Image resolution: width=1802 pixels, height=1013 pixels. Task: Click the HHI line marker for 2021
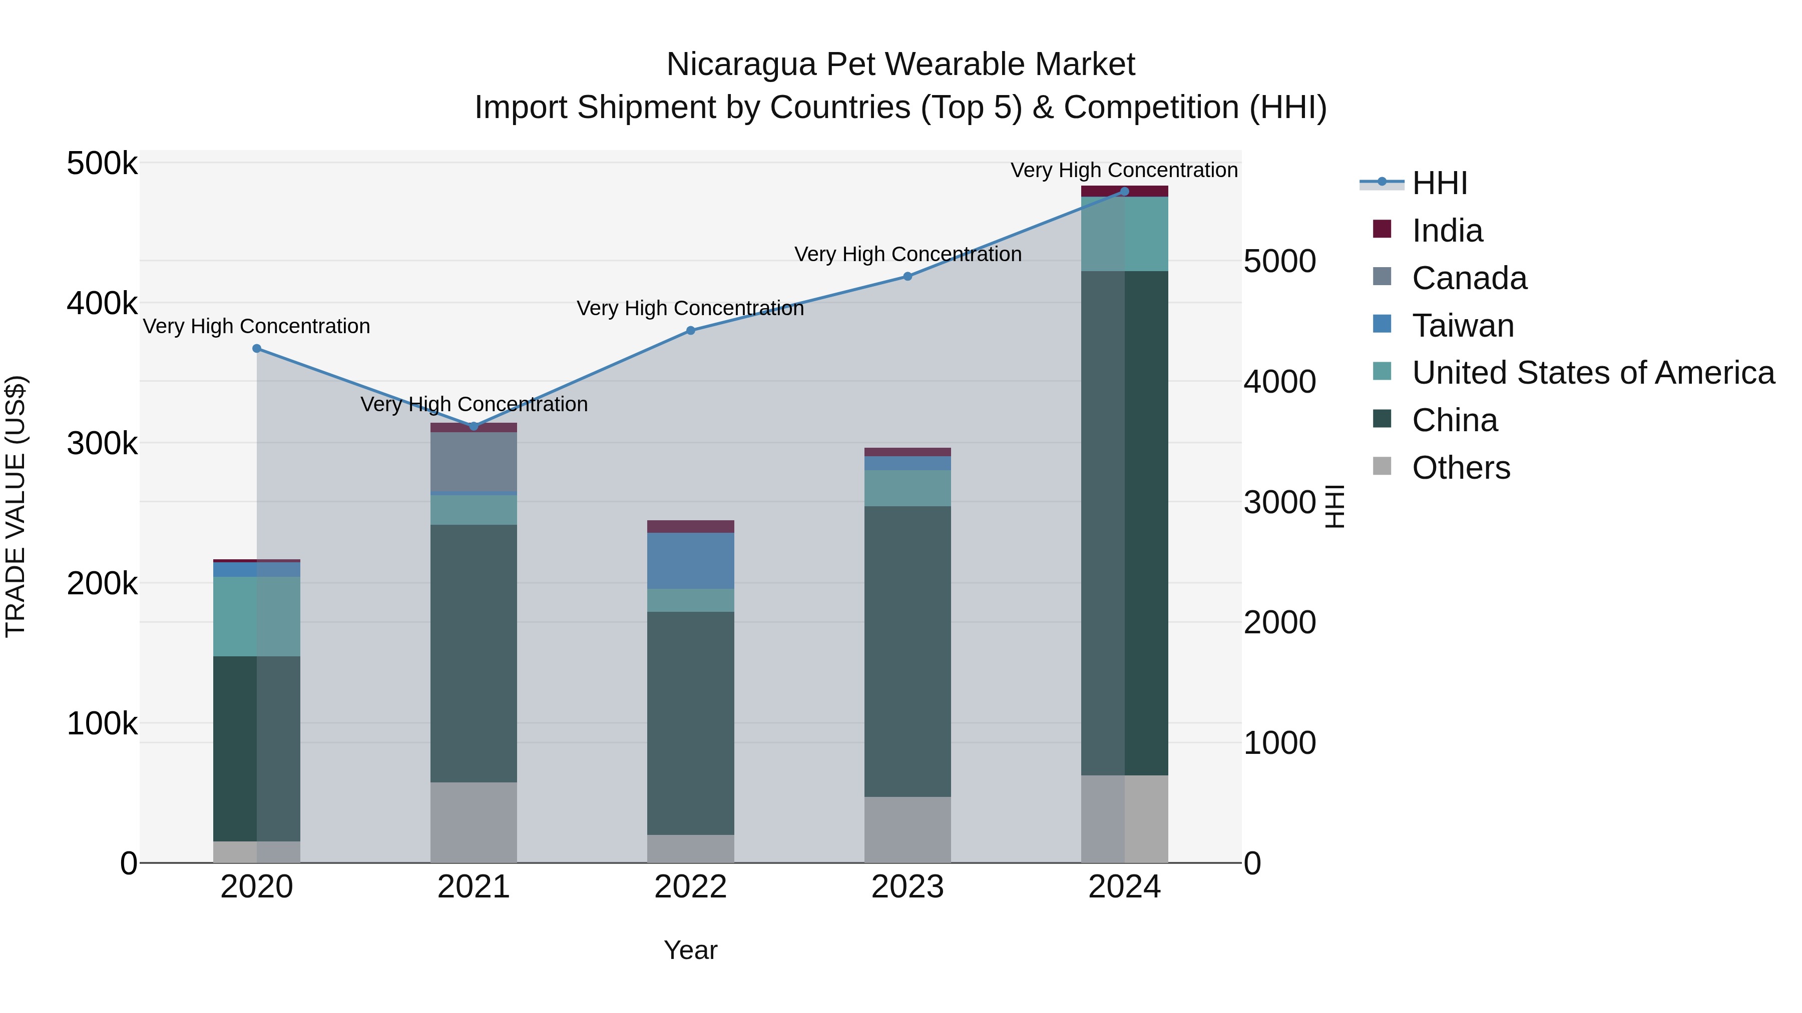point(474,426)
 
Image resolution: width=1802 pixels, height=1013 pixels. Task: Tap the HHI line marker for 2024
point(1124,192)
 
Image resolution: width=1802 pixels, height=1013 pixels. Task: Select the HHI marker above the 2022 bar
point(690,331)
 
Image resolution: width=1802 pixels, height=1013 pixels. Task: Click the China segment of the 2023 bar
point(908,650)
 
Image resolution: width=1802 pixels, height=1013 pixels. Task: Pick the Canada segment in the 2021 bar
point(474,461)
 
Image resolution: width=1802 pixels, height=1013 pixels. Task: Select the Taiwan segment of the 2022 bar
point(690,561)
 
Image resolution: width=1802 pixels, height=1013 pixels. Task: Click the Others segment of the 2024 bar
point(1124,818)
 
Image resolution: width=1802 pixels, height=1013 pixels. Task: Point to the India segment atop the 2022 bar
point(690,526)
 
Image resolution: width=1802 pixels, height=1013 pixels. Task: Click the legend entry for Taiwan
point(1462,326)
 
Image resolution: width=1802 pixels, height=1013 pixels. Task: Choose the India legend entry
point(1447,231)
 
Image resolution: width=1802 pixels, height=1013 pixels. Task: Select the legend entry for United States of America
point(1592,373)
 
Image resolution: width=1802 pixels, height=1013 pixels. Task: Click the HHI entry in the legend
point(1439,183)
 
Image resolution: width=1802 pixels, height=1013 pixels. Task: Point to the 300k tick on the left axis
point(102,443)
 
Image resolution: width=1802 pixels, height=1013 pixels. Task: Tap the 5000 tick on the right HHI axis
point(1279,262)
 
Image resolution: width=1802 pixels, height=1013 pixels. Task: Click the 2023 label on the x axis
point(908,887)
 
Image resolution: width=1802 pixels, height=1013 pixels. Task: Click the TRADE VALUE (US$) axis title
point(16,506)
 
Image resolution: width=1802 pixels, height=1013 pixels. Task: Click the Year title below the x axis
point(690,950)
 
